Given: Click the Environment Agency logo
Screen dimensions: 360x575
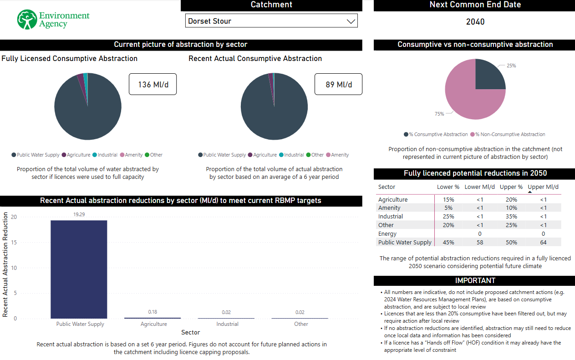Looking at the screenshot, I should coord(53,20).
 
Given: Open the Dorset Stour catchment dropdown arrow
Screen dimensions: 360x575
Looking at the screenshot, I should coord(351,21).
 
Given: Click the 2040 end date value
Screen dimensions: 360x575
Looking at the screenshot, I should coord(475,22).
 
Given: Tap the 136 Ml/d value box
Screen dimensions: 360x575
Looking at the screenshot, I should coord(153,84).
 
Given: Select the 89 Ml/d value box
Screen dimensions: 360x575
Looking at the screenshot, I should coord(338,84).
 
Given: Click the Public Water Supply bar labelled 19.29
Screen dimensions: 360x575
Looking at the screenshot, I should coord(79,269).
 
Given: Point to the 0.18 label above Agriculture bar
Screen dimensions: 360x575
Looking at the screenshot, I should coord(153,312).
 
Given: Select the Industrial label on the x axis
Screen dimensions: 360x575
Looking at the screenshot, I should coord(227,324).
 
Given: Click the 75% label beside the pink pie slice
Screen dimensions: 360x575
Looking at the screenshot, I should coord(439,114).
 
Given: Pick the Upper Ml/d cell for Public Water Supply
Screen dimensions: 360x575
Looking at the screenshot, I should coord(543,243).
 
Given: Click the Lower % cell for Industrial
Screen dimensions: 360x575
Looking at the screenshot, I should coord(448,217).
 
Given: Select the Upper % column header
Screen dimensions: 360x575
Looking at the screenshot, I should coord(511,187).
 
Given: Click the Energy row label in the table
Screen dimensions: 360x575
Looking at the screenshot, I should coord(387,234).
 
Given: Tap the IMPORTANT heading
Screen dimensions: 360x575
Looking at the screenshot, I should coord(475,280).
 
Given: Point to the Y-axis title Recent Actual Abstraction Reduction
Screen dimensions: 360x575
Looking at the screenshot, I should coord(5,264).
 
